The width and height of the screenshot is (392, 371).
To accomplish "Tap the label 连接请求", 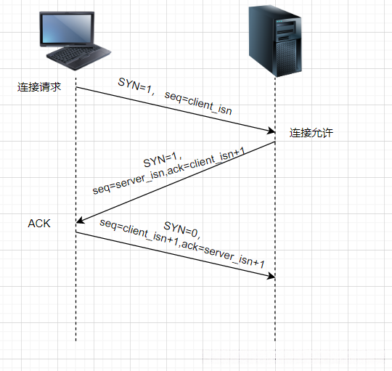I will pyautogui.click(x=39, y=87).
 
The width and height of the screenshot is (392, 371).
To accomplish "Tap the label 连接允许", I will pyautogui.click(x=311, y=134).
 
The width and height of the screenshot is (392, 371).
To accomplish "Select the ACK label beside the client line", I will pyautogui.click(x=39, y=223).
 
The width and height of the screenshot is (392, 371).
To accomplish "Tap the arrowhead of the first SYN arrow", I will pyautogui.click(x=270, y=131).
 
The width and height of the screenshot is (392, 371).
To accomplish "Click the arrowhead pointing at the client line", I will pyautogui.click(x=81, y=221).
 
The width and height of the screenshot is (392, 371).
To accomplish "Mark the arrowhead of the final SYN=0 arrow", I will pyautogui.click(x=271, y=277).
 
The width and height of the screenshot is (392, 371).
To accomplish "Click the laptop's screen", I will pyautogui.click(x=72, y=30).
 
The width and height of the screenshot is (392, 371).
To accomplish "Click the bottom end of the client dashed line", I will pyautogui.click(x=75, y=341).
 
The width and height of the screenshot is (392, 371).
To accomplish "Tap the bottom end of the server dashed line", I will pyautogui.click(x=275, y=341).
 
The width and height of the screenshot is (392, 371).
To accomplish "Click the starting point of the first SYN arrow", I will pyautogui.click(x=76, y=88).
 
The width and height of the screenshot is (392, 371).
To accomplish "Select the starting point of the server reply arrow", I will pyautogui.click(x=275, y=142).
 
